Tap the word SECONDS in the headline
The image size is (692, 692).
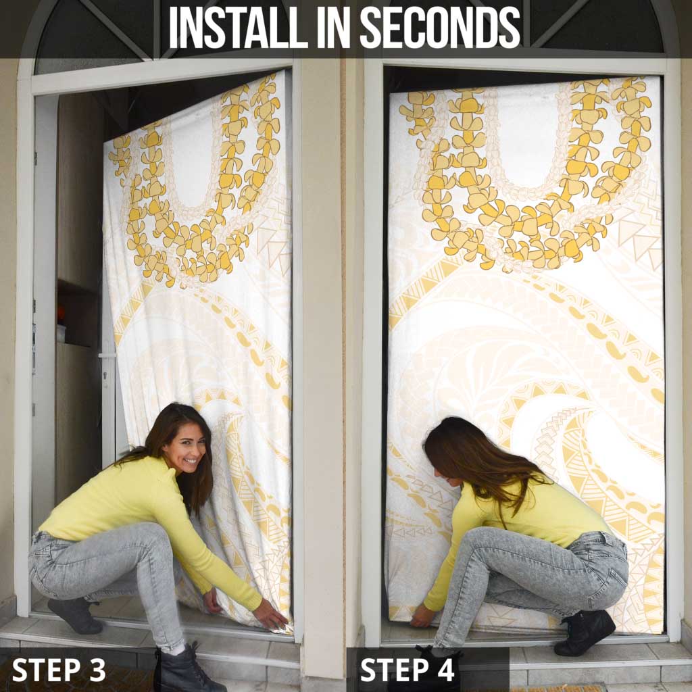click(440, 27)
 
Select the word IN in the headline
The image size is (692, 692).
click(334, 27)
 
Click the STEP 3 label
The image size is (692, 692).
click(59, 670)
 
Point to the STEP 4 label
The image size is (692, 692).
click(407, 670)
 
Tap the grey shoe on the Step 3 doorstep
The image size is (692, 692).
click(75, 615)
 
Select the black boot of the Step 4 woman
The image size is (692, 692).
click(585, 632)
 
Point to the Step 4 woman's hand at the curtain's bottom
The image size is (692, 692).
click(422, 616)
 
